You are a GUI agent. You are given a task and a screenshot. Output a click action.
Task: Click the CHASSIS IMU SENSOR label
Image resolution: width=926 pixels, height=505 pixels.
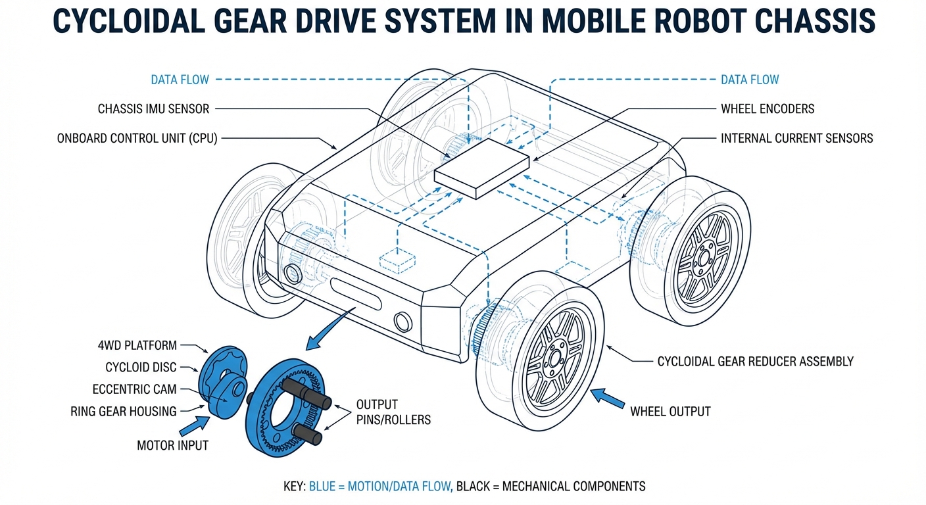pos(153,108)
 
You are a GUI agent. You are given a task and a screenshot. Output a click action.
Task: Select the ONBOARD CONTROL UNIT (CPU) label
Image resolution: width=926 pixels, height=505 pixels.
pos(137,138)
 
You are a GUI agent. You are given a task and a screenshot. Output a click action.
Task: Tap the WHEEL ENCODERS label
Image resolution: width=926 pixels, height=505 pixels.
pos(768,108)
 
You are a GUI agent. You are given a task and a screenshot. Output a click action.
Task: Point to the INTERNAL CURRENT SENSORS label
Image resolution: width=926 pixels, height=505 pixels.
pos(797,138)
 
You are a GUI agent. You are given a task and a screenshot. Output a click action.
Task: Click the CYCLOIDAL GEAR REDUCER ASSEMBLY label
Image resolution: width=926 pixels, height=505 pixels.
pos(755,361)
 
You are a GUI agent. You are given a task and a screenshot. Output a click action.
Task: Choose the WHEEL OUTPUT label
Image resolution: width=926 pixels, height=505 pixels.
pos(670,412)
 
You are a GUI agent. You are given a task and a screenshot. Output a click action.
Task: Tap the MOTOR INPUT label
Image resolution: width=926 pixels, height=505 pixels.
pos(172,445)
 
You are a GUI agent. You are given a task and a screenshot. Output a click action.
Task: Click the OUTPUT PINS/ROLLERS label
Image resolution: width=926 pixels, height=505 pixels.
pos(393,412)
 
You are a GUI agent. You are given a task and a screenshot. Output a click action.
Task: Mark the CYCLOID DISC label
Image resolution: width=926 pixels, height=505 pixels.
pos(141,367)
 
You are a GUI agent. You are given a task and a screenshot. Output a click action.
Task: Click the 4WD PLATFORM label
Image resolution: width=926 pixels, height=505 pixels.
pos(136,345)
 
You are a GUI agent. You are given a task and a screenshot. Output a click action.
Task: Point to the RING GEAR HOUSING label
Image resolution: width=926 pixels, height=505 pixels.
pos(124,412)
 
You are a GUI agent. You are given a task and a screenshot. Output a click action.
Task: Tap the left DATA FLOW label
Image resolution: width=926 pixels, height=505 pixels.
pos(180,80)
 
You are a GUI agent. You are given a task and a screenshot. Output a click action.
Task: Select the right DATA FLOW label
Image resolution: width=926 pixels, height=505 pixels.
pos(750,80)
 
